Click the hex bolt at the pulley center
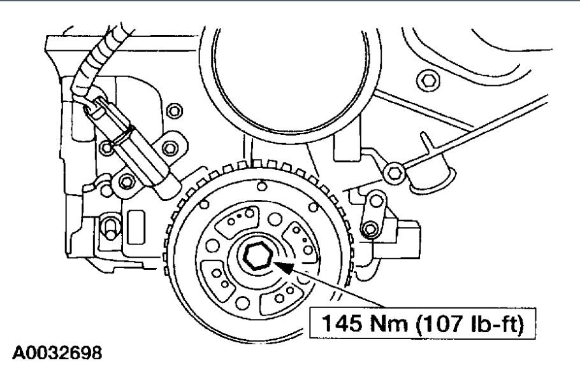[258, 256]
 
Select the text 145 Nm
[365, 323]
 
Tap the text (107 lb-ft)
[470, 324]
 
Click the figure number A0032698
[57, 353]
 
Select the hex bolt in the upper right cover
[428, 80]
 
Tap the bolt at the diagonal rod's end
[395, 172]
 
